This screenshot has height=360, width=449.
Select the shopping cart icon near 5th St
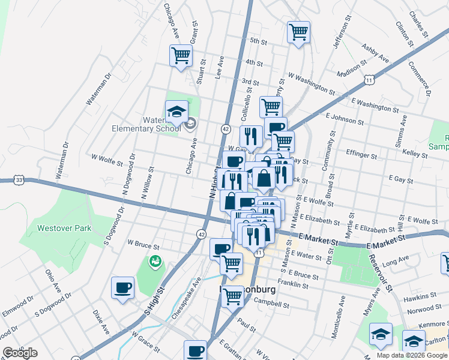coord(298,32)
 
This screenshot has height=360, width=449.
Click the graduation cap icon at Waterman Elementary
coord(177,112)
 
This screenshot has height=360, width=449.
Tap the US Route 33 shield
coord(20,179)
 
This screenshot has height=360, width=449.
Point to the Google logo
coord(20,353)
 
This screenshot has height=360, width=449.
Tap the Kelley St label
coord(414,155)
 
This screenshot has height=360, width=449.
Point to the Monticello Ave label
coord(339,316)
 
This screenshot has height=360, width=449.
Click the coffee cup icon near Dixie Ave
coord(123,287)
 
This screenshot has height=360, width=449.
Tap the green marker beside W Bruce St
coord(155,261)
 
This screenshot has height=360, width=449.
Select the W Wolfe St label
coord(107,160)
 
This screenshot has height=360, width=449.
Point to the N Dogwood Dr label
coord(128,172)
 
